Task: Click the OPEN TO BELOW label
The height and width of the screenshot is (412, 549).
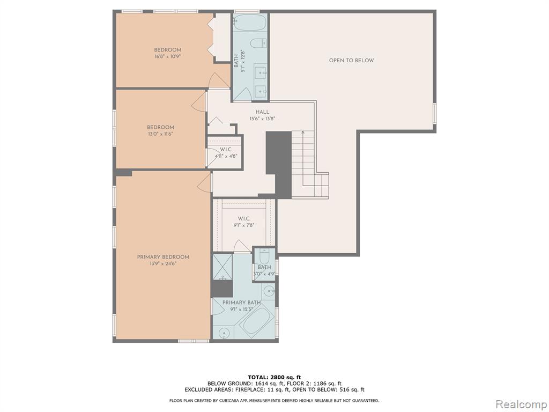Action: pyautogui.click(x=351, y=60)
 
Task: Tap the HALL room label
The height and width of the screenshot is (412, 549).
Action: pyautogui.click(x=262, y=112)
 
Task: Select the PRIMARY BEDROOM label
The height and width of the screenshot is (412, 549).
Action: pyautogui.click(x=163, y=257)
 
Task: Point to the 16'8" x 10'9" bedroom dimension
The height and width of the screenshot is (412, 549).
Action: pyautogui.click(x=167, y=56)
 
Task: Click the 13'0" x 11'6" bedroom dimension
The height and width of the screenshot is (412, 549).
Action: pyautogui.click(x=160, y=134)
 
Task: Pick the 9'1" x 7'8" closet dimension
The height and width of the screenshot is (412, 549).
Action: pyautogui.click(x=244, y=225)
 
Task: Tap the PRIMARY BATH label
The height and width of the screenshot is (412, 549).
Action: pyautogui.click(x=242, y=303)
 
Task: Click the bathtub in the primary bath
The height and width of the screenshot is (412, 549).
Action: pyautogui.click(x=257, y=320)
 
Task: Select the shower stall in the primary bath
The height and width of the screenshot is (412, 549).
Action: pyautogui.click(x=222, y=267)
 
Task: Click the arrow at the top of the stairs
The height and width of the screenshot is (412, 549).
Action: pyautogui.click(x=303, y=133)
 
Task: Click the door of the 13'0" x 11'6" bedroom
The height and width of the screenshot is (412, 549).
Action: pyautogui.click(x=198, y=101)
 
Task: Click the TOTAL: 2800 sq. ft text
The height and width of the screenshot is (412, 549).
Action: pyautogui.click(x=274, y=377)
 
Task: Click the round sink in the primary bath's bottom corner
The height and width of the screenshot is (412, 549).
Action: pyautogui.click(x=224, y=333)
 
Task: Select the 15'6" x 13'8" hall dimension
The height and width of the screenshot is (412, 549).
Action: pyautogui.click(x=262, y=119)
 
